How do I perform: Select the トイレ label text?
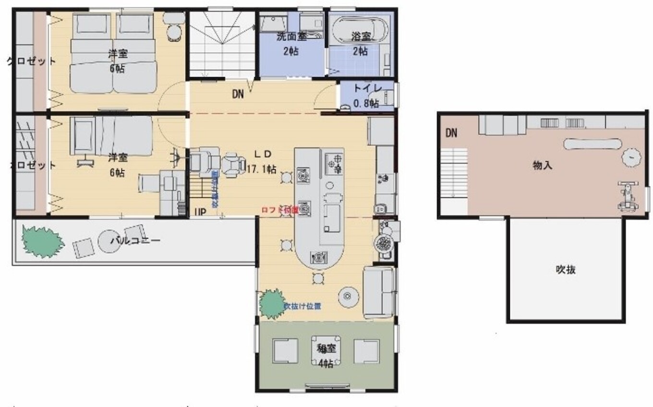[367, 95]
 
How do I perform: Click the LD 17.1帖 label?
[262, 161]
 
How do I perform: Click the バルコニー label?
[135, 240]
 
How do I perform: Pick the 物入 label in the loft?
[543, 166]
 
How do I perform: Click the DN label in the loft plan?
[451, 133]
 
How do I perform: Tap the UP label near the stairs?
[200, 212]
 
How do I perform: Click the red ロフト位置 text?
[279, 210]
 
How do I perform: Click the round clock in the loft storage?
[631, 157]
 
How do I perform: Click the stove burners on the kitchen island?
[334, 163]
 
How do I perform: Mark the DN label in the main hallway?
[238, 95]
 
